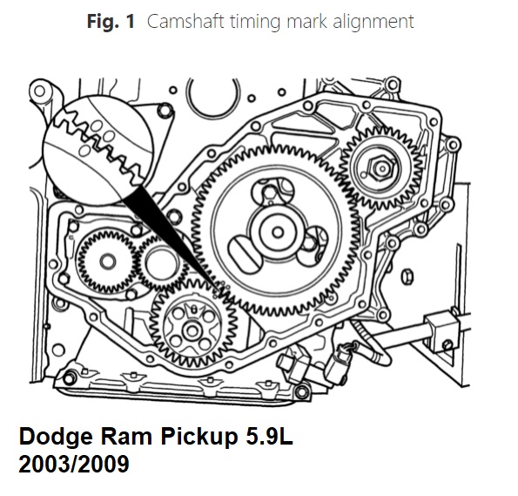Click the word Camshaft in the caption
point(185,22)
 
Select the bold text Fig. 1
point(111,22)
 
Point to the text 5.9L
point(269,437)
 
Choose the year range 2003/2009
point(74,464)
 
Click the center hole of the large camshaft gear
point(278,232)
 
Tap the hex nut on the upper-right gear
point(382,168)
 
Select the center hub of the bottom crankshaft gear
point(192,330)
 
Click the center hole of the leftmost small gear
point(108,262)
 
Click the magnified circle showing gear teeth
point(98,150)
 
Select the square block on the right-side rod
point(441,331)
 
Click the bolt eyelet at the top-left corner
point(39,91)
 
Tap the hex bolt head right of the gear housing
point(407,277)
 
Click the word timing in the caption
point(256,23)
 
